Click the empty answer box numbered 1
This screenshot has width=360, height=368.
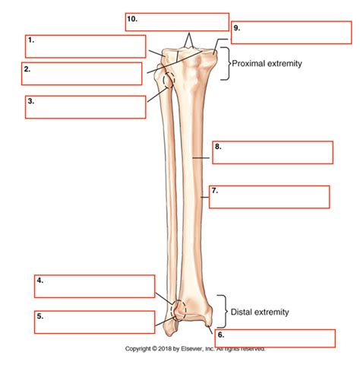coord(85,46)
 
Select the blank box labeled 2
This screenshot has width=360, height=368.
coord(82,74)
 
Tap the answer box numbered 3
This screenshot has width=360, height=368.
coord(85,106)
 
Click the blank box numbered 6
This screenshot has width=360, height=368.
coord(275,338)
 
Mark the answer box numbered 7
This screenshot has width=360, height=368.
coord(270,196)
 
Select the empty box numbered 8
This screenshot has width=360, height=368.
coord(273,152)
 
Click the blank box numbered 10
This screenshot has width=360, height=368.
coord(177,22)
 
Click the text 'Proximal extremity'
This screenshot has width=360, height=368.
coord(267,64)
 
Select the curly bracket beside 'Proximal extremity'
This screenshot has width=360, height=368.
coord(223,63)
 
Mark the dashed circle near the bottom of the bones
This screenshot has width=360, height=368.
coord(178,309)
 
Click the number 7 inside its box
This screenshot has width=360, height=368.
coord(216,191)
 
